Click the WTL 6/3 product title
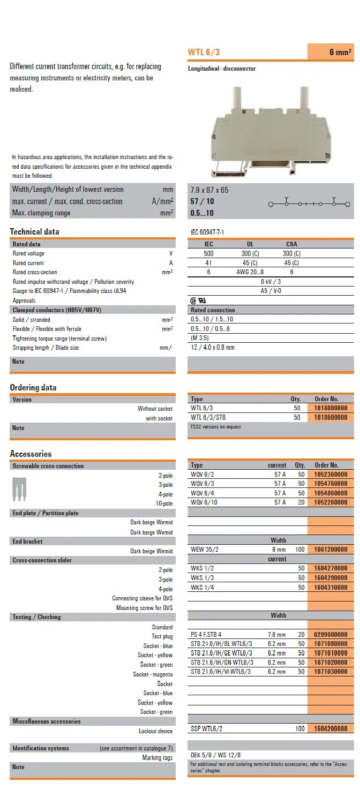tap(204, 52)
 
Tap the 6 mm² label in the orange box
tap(340, 52)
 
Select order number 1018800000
tap(331, 408)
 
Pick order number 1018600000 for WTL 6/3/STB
tap(331, 417)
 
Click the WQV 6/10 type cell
tap(204, 502)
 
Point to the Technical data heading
tap(34, 232)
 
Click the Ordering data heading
tap(33, 388)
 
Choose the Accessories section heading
tap(31, 454)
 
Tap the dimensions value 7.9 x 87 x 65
tap(209, 190)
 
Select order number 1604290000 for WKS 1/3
tap(331, 578)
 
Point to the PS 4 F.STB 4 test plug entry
tap(206, 635)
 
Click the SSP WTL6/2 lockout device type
tap(207, 728)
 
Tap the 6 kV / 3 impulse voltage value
tap(271, 282)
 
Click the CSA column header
tap(291, 244)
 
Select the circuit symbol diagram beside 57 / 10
tap(310, 204)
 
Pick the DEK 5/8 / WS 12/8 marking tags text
tap(216, 755)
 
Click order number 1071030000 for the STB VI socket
tap(331, 671)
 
